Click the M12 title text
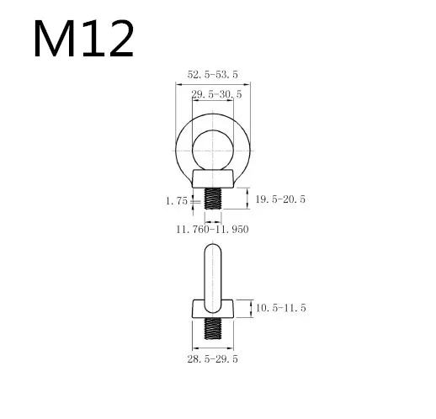click(x=83, y=39)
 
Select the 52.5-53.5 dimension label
click(x=213, y=75)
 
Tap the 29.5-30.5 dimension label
click(x=216, y=94)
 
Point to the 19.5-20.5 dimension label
click(x=280, y=199)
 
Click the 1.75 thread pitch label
click(x=177, y=201)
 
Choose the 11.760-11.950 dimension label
click(x=212, y=230)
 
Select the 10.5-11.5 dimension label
click(x=280, y=308)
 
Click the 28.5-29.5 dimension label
click(x=213, y=359)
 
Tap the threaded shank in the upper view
click(x=213, y=199)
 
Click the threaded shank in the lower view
click(x=213, y=328)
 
